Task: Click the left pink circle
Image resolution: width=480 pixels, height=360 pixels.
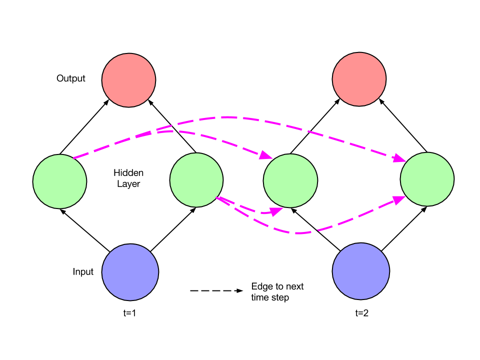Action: (x=128, y=80)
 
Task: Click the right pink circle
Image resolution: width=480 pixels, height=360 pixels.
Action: (x=359, y=79)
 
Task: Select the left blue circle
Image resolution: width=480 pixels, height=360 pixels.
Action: (x=130, y=272)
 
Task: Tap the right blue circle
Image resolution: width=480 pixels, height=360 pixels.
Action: (x=360, y=271)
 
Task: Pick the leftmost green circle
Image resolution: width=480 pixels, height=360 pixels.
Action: (x=59, y=181)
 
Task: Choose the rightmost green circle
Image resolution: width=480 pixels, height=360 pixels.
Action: (x=427, y=179)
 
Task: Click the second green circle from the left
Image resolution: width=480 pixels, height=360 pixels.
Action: (x=196, y=179)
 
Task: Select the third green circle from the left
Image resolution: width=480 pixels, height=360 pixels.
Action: (x=290, y=180)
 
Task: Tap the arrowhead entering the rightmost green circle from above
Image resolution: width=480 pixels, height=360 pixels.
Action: (x=399, y=158)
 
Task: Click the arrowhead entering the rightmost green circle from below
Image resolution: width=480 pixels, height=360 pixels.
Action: (x=398, y=199)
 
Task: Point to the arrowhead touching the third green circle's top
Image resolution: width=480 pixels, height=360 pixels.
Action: (x=265, y=155)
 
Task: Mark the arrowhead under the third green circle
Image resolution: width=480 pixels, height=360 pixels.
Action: (x=276, y=211)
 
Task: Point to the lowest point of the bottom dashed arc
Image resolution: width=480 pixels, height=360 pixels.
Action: (x=298, y=233)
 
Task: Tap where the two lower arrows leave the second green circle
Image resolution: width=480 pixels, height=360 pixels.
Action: (x=217, y=197)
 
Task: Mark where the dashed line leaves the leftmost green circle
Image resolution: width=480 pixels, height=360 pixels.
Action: (x=74, y=158)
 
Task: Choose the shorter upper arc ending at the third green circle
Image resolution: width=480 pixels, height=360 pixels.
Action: (x=210, y=137)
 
